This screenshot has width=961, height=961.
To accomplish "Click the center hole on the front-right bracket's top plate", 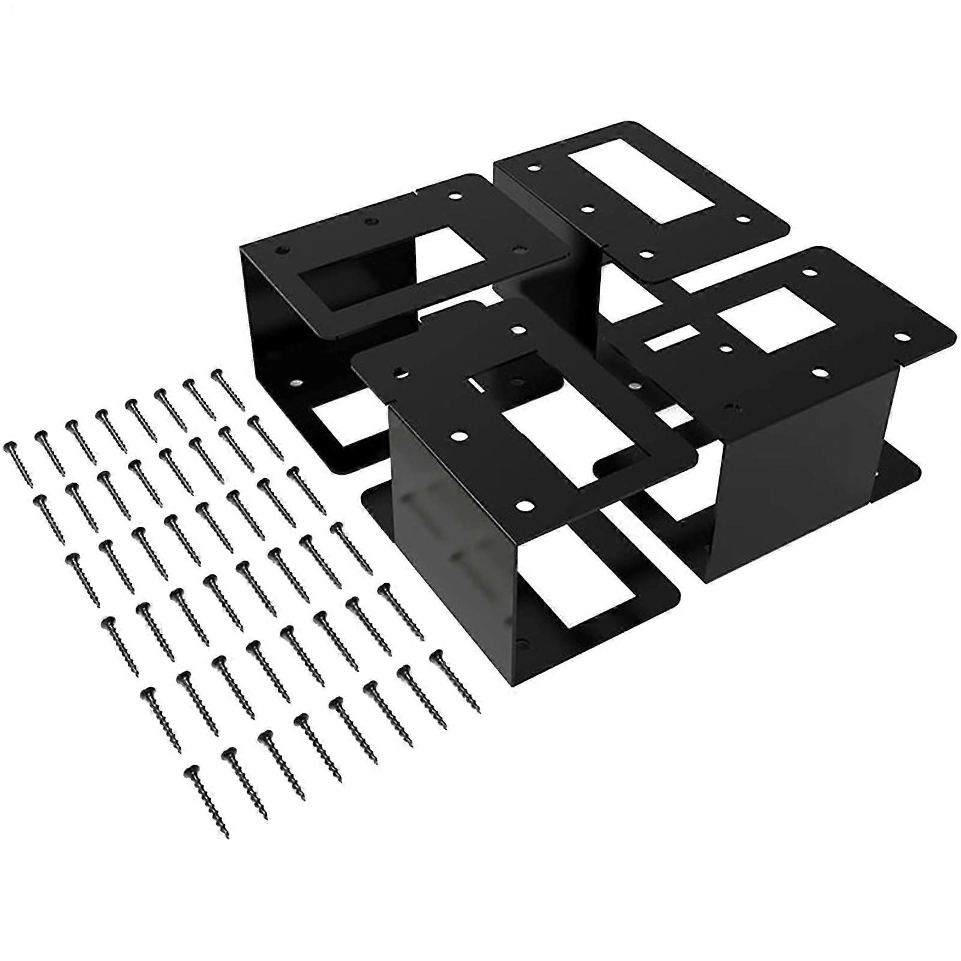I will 727,348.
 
